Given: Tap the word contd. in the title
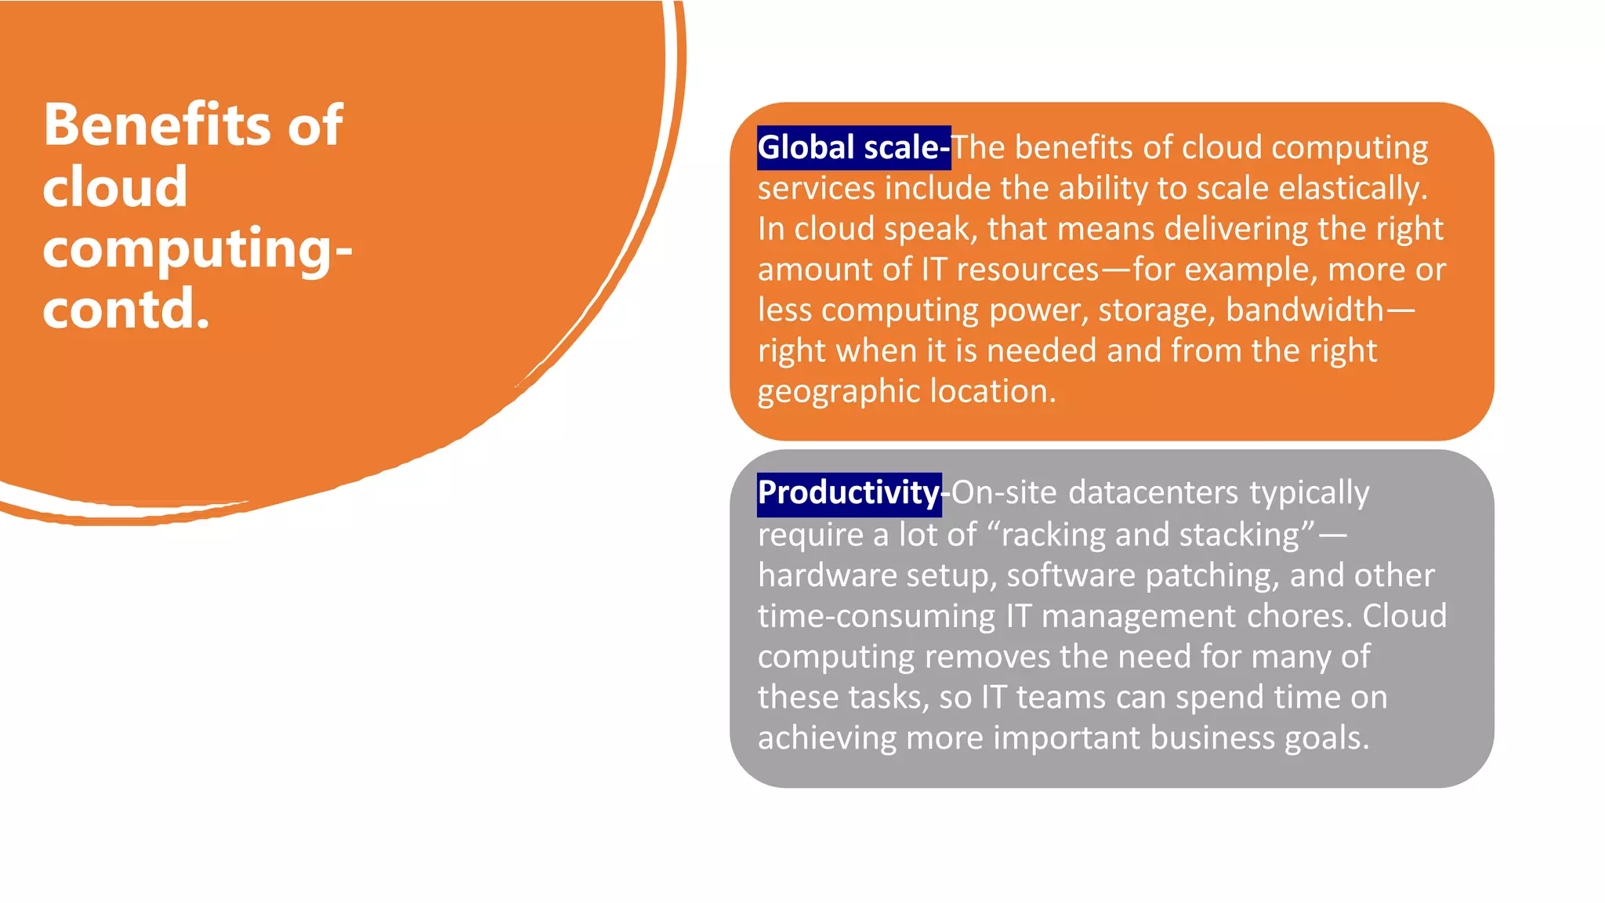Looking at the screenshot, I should tap(126, 308).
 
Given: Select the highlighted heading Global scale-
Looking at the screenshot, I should tap(853, 147).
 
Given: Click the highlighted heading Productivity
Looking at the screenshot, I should tap(849, 493).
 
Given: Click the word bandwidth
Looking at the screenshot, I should tap(1305, 310).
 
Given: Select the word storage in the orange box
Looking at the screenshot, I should tap(1156, 310).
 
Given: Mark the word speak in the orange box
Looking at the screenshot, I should tap(929, 229).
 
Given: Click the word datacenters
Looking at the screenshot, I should tap(1154, 493).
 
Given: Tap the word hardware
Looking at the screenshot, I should tap(827, 575).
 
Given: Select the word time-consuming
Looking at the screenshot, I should tap(876, 616).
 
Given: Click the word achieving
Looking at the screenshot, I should tap(827, 738).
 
